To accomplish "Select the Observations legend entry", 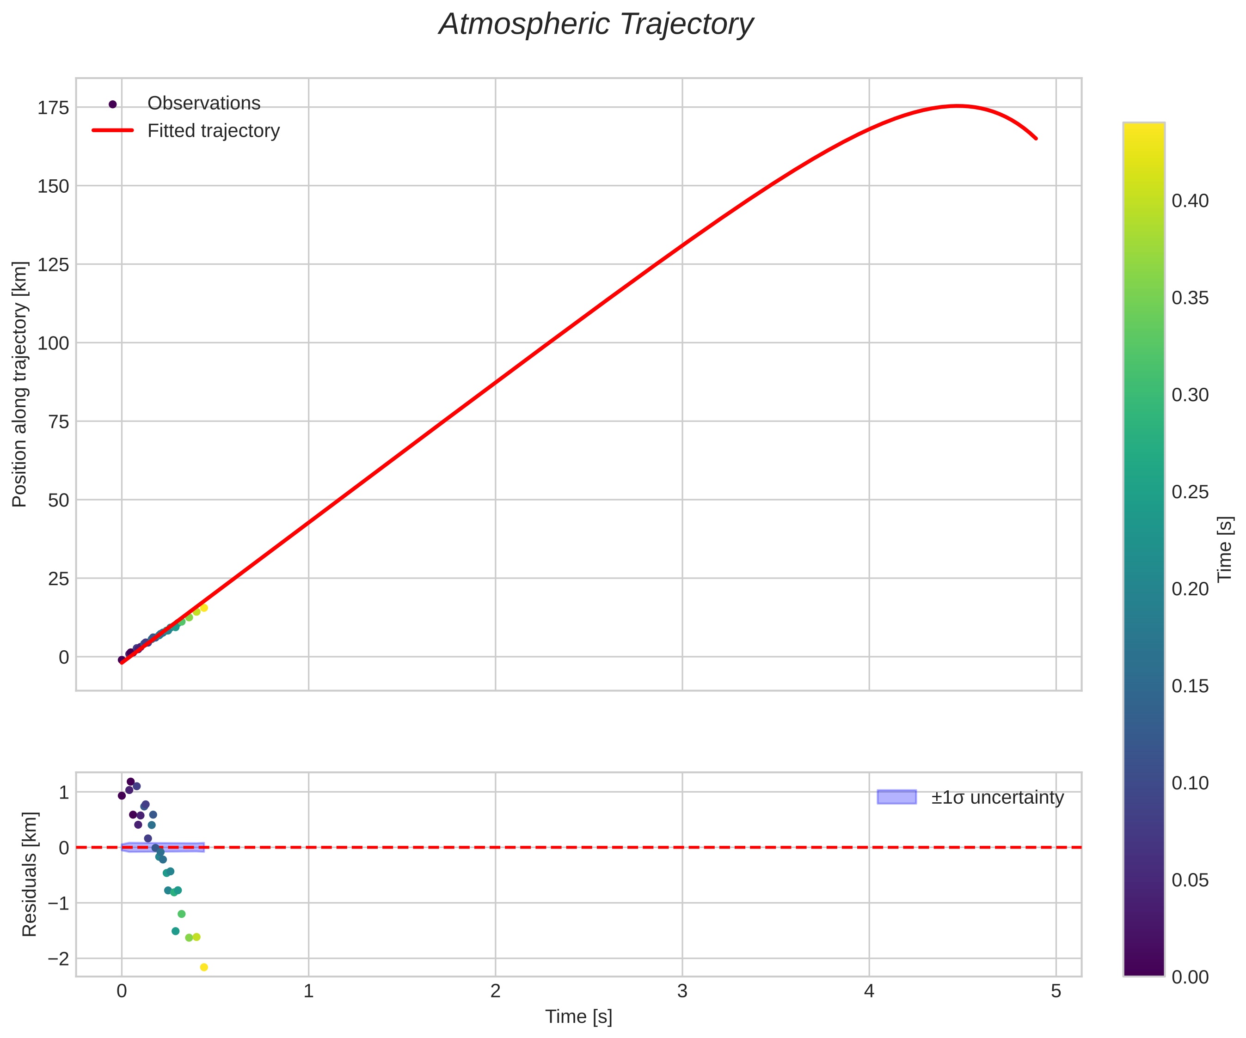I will point(203,103).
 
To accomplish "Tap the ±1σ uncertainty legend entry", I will point(997,797).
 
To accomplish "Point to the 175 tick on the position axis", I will point(54,108).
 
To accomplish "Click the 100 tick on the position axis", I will point(54,343).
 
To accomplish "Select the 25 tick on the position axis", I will point(58,578).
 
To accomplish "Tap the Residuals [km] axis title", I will point(29,874).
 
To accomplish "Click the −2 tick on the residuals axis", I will point(58,959).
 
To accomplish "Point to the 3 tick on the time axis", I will point(682,992).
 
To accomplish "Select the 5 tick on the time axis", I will point(1056,992).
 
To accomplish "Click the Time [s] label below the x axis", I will point(578,1017).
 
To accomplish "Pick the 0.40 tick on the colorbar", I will point(1190,201).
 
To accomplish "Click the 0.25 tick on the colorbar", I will point(1190,492).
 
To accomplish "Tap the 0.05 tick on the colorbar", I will point(1190,880).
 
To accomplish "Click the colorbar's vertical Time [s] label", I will point(1225,549).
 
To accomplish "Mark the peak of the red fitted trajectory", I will point(958,106).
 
